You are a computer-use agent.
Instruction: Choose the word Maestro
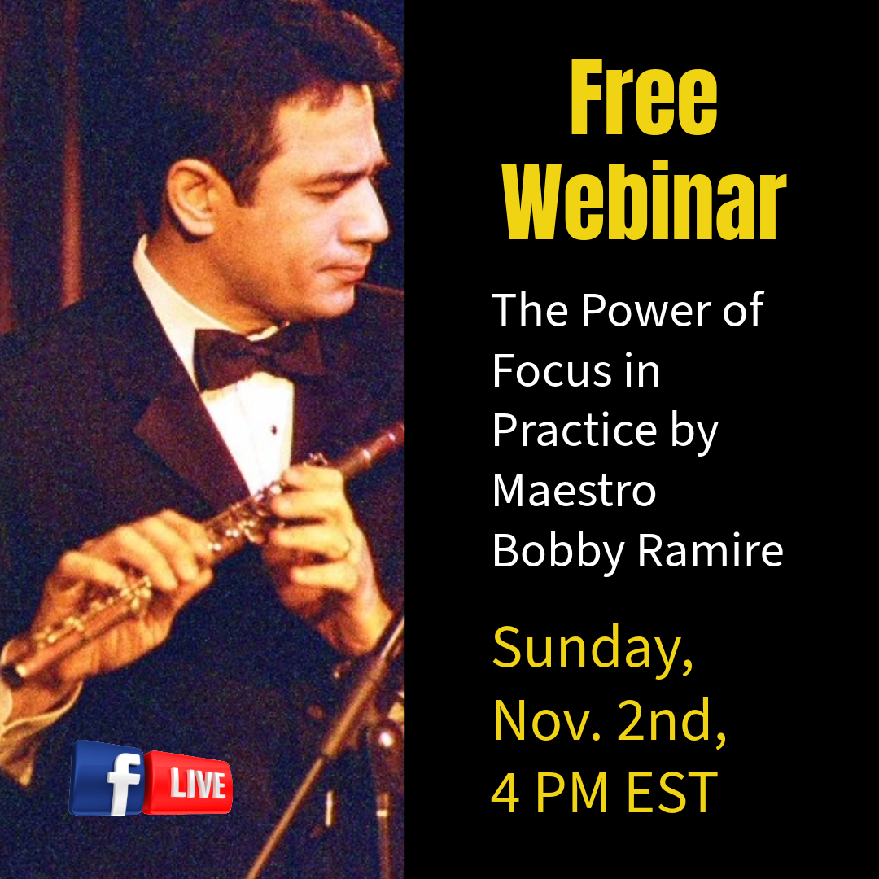(x=574, y=491)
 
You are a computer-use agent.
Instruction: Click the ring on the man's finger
(x=345, y=544)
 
